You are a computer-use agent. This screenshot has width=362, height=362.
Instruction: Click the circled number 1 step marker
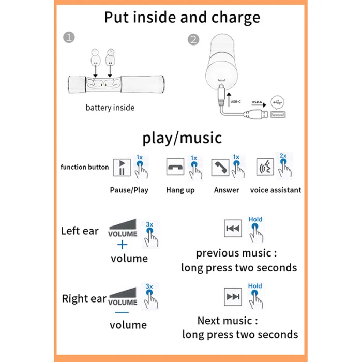tap(69, 37)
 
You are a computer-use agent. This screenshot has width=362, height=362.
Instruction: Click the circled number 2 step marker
tap(193, 39)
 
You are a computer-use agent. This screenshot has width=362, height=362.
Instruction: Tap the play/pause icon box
tap(122, 168)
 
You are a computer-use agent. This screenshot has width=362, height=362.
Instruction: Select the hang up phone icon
tap(175, 167)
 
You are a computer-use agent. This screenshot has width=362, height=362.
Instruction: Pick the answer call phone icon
tap(220, 168)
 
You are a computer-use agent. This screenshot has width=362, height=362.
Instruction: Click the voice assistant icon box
tap(265, 167)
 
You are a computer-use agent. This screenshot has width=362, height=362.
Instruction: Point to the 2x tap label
tap(283, 156)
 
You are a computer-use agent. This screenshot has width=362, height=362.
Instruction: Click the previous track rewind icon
tap(233, 229)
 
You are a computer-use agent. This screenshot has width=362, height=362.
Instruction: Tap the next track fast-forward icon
tap(233, 297)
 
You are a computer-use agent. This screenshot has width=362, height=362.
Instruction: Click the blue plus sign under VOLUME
tap(123, 245)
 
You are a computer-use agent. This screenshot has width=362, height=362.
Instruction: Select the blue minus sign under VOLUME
tap(122, 312)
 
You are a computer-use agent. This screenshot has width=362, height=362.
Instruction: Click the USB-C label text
tap(235, 102)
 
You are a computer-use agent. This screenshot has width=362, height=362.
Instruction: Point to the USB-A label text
tap(257, 102)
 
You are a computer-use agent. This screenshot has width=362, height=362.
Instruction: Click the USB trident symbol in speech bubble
tap(278, 102)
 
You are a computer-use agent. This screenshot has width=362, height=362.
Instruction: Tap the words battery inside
tap(110, 108)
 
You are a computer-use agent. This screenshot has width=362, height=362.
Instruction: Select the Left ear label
tap(80, 231)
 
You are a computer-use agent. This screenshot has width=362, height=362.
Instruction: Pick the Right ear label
tap(84, 298)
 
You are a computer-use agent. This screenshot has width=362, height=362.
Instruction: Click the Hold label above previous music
tap(255, 219)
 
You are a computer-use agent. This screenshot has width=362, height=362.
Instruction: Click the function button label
tap(84, 167)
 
